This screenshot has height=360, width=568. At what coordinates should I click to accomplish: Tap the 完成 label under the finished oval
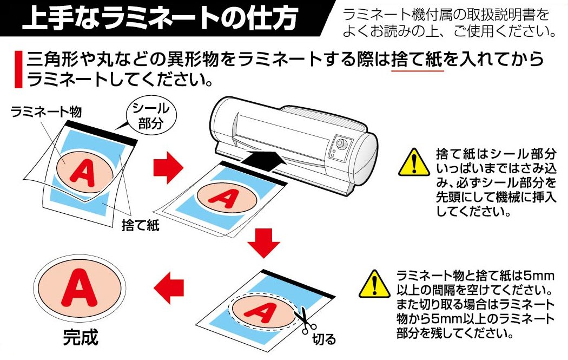pyautogui.click(x=81, y=337)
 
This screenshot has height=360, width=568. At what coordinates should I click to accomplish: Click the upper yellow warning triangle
pyautogui.click(x=412, y=162)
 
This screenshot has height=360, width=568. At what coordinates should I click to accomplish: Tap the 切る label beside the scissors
pyautogui.click(x=325, y=339)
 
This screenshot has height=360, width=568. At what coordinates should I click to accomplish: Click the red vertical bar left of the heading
pyautogui.click(x=18, y=70)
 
